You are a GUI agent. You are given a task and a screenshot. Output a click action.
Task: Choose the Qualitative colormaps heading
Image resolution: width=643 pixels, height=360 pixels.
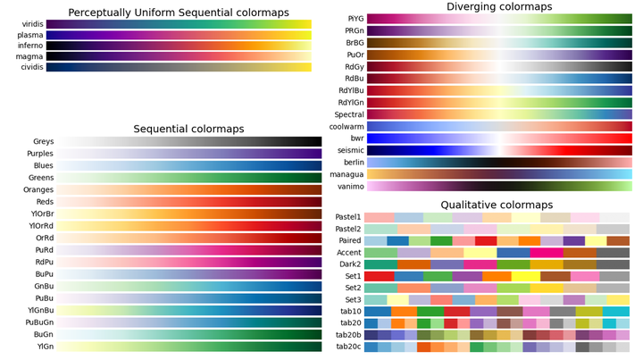coord(497,205)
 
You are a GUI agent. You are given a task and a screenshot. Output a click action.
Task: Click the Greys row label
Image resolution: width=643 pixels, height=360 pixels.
coord(42,142)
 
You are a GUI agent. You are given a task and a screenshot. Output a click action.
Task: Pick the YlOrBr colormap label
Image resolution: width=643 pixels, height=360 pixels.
coord(41,214)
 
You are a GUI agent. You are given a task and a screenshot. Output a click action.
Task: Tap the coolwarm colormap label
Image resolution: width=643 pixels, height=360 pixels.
coord(346,127)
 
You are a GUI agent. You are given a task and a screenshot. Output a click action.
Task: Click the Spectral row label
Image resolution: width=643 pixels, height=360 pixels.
coord(347,114)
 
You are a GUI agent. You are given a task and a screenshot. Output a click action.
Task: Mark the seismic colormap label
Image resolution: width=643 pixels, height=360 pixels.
coord(348,151)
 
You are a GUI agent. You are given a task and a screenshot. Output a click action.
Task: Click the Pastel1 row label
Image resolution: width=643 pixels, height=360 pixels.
coord(347,217)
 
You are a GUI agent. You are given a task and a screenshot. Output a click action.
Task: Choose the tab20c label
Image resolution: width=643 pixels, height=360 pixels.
coord(348,346)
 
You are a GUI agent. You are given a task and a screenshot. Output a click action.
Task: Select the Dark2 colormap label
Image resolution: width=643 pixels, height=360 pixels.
coord(349,265)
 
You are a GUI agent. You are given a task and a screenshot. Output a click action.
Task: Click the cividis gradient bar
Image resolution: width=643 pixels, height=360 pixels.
coord(179,67)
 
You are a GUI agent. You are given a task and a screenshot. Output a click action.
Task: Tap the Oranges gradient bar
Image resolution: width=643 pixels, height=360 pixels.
coord(188,190)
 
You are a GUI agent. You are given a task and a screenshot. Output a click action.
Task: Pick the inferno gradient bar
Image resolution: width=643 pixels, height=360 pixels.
coord(179,46)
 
